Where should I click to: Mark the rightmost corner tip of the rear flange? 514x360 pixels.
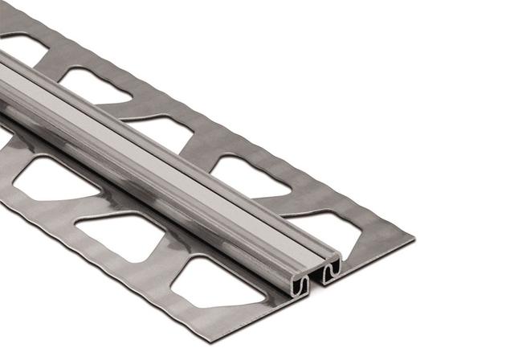[414, 239]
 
